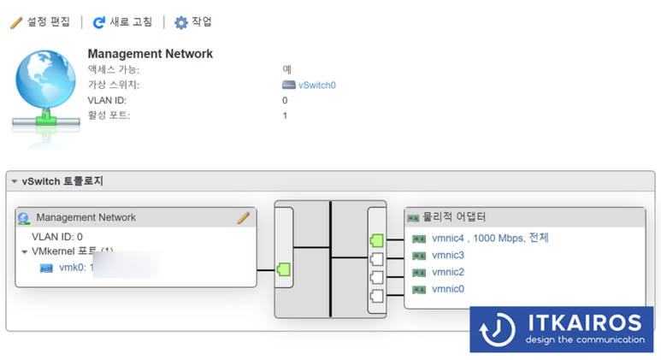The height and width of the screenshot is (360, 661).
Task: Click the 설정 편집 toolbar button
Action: coord(41,22)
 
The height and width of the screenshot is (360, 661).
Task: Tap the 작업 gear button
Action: coord(193,22)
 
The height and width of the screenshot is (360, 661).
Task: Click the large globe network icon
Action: coord(46,89)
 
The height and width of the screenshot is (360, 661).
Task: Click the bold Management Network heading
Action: coord(150,54)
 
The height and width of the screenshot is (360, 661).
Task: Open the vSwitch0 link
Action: coord(316,86)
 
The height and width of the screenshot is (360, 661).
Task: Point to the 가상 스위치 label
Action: coord(113,86)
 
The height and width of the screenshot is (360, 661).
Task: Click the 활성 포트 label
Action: coord(109,115)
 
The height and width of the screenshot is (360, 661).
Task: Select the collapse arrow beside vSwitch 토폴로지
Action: coord(15,182)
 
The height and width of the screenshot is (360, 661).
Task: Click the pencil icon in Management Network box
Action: coord(244,218)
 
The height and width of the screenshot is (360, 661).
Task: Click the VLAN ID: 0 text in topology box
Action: coord(57,237)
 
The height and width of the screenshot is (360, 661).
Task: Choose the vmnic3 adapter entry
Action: coord(448,256)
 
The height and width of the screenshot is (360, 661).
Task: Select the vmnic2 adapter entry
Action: coord(448,273)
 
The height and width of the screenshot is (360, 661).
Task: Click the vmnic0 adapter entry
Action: coord(448,290)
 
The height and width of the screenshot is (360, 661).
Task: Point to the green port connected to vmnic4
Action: coord(377,240)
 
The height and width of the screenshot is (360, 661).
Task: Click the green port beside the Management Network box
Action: coord(284,270)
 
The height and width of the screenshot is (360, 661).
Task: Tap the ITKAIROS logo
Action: coord(561,328)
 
